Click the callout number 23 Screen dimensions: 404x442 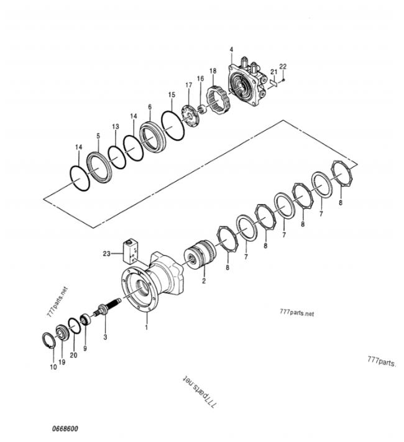tap(106, 254)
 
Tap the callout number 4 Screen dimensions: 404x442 tap(231, 50)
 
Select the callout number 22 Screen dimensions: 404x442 tap(283, 67)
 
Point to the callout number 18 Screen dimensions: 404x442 tap(213, 71)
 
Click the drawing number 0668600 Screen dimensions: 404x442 tap(65, 429)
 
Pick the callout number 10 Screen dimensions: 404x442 tap(53, 367)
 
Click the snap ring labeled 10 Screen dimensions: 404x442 tap(48, 341)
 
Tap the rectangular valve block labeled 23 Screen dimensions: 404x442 tap(131, 251)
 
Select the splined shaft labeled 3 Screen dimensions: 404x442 tap(108, 306)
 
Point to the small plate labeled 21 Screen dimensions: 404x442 tap(273, 83)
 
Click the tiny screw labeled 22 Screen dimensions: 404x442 tap(283, 80)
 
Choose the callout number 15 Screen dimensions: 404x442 tap(172, 94)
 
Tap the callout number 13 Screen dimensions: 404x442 tap(116, 127)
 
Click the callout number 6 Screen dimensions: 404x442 tap(150, 107)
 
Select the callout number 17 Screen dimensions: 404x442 tap(188, 85)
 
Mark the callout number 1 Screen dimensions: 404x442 tap(146, 327)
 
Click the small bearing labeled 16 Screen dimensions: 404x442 tap(203, 109)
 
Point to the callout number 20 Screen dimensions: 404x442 tap(73, 355)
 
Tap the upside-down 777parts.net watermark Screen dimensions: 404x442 tap(200, 392)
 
